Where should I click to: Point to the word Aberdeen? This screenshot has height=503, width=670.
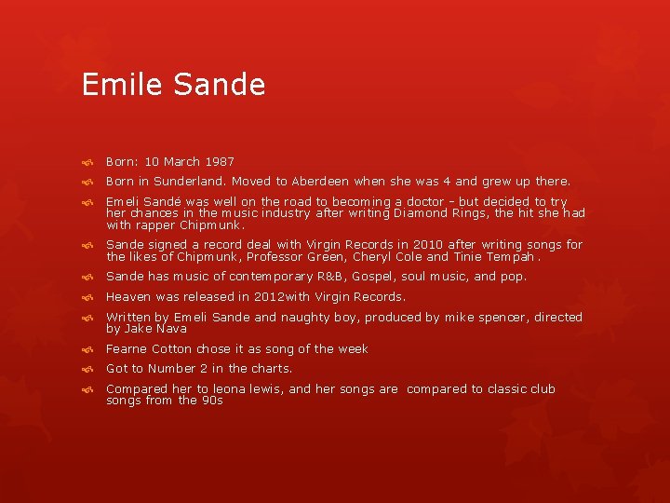(x=322, y=182)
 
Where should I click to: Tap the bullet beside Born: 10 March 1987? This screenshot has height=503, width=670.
(x=86, y=162)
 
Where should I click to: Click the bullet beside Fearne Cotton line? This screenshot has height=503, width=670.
(x=86, y=349)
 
